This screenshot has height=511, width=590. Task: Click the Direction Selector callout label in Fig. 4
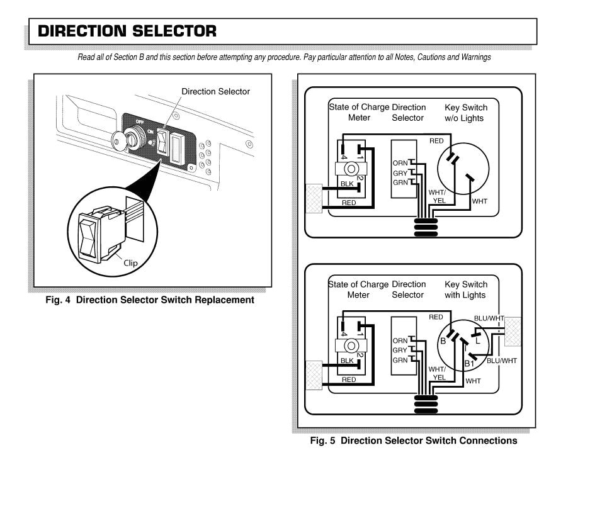tap(215, 91)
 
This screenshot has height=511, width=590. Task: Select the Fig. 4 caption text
tap(150, 300)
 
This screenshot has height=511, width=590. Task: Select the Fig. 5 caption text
tap(413, 441)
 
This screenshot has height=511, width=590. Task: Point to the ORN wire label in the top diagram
tap(400, 162)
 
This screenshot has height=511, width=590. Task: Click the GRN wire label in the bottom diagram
tap(400, 361)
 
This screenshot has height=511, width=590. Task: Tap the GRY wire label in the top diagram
tap(400, 172)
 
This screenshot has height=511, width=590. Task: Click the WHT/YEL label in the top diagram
tap(437, 196)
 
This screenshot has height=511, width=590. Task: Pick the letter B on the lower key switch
tap(443, 342)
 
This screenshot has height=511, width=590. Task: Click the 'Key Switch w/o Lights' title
tap(466, 113)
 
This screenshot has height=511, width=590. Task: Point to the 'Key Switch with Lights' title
tap(466, 289)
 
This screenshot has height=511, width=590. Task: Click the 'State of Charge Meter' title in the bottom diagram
tap(358, 289)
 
